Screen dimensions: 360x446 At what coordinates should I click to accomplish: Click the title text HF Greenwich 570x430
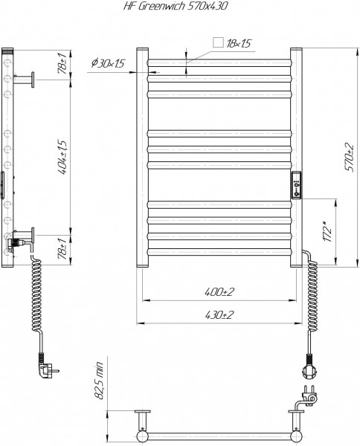176,6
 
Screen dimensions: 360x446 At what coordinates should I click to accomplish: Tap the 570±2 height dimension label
350,158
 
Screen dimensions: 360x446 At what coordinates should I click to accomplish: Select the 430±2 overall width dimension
219,314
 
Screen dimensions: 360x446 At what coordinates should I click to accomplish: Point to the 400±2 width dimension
219,291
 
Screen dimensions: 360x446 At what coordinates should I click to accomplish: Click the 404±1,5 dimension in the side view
62,157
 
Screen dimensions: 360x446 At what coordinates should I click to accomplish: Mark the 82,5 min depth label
100,381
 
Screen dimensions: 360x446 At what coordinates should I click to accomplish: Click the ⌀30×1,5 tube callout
108,63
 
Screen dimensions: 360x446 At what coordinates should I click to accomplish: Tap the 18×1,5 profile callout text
239,43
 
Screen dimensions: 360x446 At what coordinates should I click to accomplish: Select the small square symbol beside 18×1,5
218,42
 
